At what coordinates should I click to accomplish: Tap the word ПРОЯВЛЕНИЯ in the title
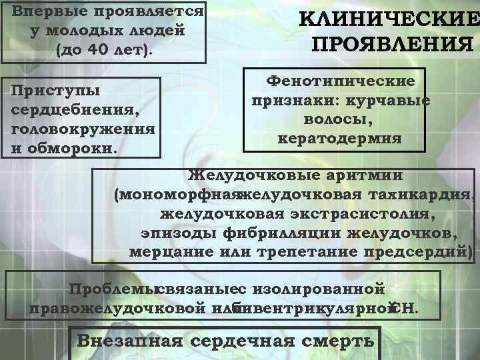(x=393, y=45)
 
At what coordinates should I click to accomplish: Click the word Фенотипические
(x=341, y=81)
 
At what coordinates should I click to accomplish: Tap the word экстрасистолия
(x=363, y=214)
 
